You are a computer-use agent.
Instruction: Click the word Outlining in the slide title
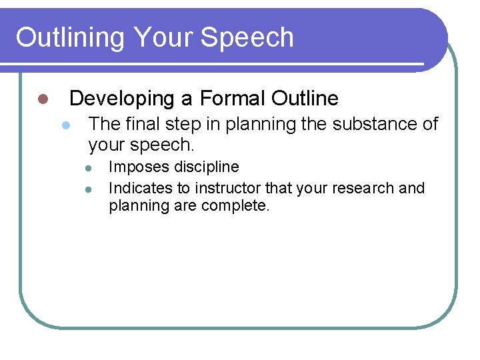pos(69,37)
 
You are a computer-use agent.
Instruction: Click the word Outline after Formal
pos(305,99)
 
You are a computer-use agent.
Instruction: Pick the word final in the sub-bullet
pos(142,123)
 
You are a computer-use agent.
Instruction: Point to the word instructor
pos(228,188)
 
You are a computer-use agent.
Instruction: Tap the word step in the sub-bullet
pos(182,123)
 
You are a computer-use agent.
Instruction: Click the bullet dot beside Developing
pos(42,99)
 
